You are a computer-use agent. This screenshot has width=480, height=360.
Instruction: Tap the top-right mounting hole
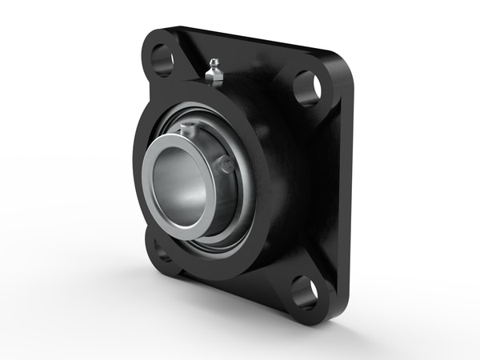[x=307, y=88]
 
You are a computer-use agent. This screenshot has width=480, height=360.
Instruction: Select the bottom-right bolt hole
[x=304, y=293]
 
